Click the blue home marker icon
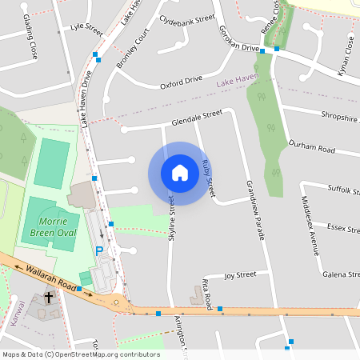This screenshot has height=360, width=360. pos(180,172)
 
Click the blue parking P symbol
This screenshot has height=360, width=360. pos(100,250)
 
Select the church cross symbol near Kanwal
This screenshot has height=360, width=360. pos(48,298)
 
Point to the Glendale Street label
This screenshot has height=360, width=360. pos(196,118)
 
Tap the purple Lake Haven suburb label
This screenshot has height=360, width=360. pos(238,78)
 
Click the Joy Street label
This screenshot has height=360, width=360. pos(240,274)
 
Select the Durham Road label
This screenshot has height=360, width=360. pos(312,149)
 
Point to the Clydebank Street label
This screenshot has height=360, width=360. pos(187,18)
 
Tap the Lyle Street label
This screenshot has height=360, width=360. pos(87,29)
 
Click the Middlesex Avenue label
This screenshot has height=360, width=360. pos(309,225)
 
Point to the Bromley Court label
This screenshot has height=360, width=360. pos(133,49)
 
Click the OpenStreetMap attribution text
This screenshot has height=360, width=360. pos(80,354)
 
